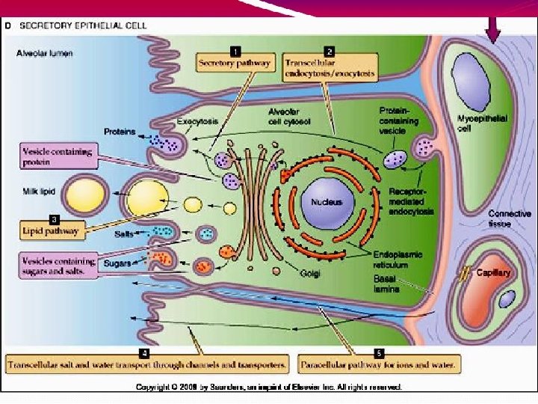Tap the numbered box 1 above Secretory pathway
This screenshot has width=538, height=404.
235,51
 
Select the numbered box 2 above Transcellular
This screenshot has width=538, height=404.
330,51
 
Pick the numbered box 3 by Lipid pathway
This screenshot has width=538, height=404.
53,219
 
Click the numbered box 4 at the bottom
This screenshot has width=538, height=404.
143,352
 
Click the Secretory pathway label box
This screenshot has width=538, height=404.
235,64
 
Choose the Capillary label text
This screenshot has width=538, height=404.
493,273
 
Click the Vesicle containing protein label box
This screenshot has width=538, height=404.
57,156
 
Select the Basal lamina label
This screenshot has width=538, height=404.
386,284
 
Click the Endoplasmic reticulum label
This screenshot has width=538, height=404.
398,259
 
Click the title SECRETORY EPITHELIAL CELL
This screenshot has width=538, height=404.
83,25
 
